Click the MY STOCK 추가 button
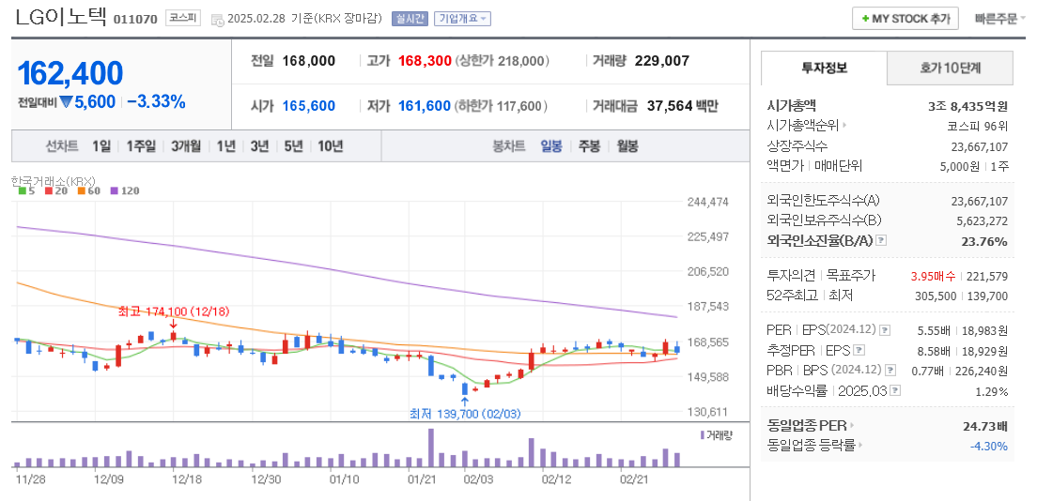click(905, 19)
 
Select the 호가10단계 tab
click(950, 68)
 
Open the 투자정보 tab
click(824, 68)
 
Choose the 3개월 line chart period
click(186, 145)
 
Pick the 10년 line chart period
click(330, 145)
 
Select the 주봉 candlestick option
click(589, 145)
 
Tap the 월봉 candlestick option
click(627, 145)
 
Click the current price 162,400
click(70, 73)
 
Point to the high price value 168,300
click(425, 61)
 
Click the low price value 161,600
click(425, 106)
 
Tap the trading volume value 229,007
click(662, 61)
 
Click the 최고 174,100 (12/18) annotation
click(174, 311)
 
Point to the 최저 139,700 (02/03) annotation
click(465, 413)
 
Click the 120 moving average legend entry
click(125, 190)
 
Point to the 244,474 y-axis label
click(708, 202)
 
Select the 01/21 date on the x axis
click(422, 479)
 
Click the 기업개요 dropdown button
click(462, 19)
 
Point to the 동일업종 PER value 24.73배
click(985, 426)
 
